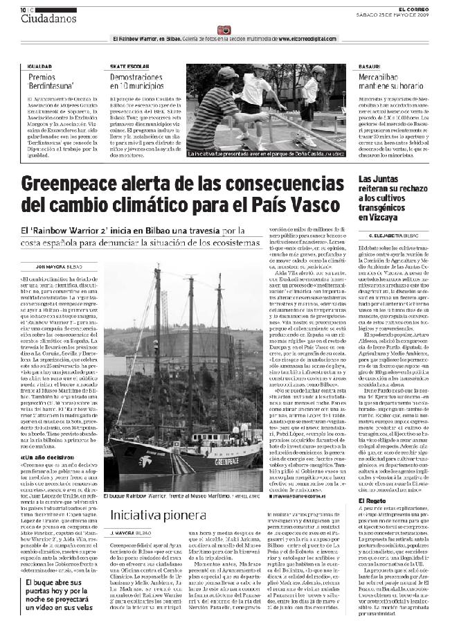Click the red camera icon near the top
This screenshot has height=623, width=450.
[223, 30]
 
